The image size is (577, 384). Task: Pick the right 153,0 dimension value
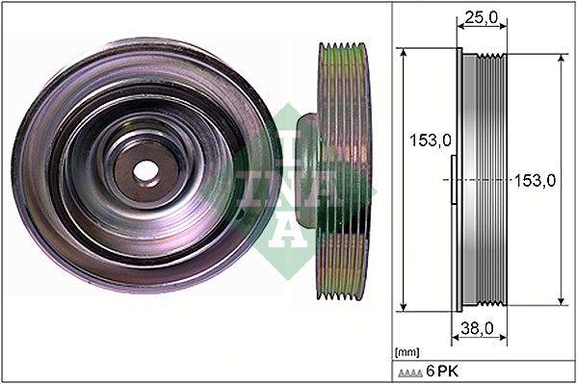pos(536,180)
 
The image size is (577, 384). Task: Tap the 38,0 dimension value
pos(478,327)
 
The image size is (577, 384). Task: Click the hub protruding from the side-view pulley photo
pos(306,173)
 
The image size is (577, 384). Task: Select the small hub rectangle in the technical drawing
pos(454,180)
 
